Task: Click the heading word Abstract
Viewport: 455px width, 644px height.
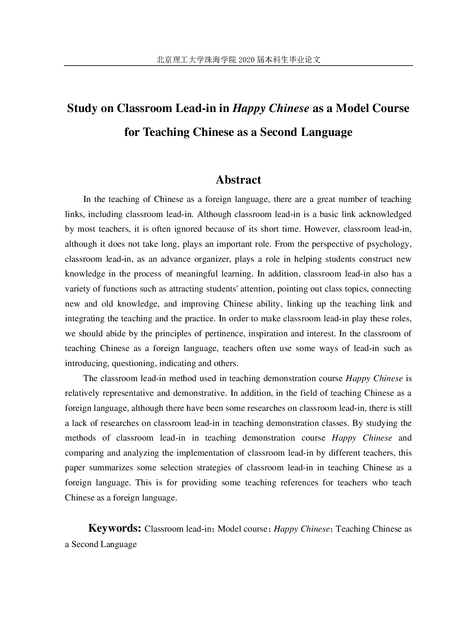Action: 238,180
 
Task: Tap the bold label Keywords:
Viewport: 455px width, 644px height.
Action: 115,528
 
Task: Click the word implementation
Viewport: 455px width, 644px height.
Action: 205,453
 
